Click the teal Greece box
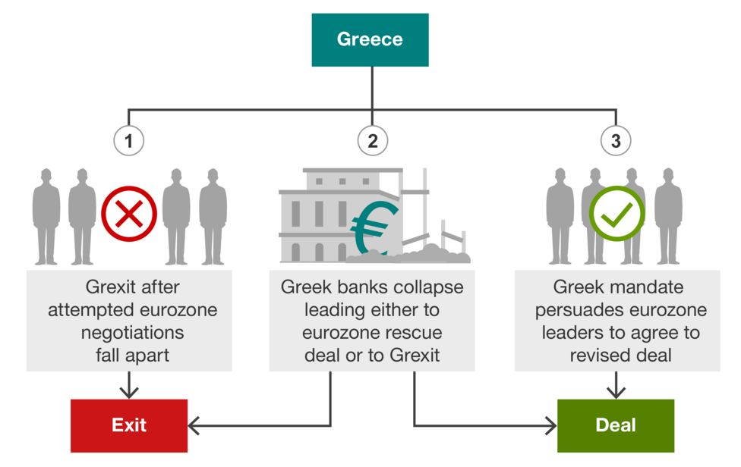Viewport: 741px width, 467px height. pos(370,39)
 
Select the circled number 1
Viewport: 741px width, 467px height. pos(129,140)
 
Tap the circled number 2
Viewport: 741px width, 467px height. pos(372,140)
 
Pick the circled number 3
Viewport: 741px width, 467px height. pos(615,140)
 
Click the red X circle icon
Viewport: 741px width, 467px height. pos(129,211)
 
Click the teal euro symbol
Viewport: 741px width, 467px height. pos(374,226)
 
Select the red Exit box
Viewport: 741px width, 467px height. pos(128,425)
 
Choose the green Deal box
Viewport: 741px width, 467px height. pos(616,425)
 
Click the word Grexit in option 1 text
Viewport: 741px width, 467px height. pos(107,287)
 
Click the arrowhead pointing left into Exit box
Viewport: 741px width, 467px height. pos(193,426)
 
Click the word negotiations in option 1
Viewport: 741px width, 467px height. pos(129,333)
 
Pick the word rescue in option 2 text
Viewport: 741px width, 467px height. pos(414,333)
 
